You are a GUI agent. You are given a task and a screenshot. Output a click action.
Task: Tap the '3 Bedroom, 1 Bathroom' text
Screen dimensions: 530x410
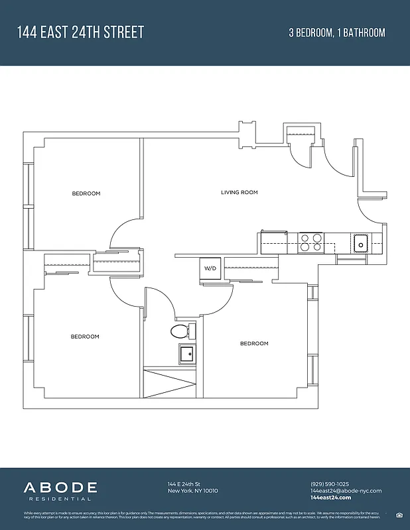pyautogui.click(x=337, y=32)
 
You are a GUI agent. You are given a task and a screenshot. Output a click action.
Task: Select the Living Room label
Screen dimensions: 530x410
pyautogui.click(x=239, y=193)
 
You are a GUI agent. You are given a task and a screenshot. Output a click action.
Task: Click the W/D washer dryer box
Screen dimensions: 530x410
pyautogui.click(x=210, y=268)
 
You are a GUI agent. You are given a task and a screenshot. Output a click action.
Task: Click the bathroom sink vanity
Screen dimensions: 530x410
pyautogui.click(x=187, y=354)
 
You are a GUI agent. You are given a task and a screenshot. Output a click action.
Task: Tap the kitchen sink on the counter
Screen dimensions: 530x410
pyautogui.click(x=361, y=243)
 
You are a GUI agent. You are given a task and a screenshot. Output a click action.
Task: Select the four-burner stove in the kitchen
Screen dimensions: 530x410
pyautogui.click(x=310, y=242)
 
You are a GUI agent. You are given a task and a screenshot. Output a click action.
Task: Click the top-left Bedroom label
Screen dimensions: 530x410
pyautogui.click(x=86, y=193)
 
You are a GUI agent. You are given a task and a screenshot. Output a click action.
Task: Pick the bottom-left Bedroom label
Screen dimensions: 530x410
pyautogui.click(x=85, y=337)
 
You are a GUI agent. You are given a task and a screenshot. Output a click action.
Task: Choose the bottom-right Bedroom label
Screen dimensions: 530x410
pyautogui.click(x=254, y=343)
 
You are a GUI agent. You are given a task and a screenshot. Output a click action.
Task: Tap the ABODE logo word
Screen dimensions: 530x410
pyautogui.click(x=61, y=488)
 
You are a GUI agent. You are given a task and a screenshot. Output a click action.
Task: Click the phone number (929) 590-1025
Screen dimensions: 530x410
pyautogui.click(x=329, y=484)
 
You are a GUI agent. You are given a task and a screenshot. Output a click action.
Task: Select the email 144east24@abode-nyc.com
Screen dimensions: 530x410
pyautogui.click(x=346, y=491)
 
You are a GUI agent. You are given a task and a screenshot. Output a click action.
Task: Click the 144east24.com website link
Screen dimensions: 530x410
pyautogui.click(x=330, y=498)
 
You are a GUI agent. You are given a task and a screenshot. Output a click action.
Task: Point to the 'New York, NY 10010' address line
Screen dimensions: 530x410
pyautogui.click(x=192, y=491)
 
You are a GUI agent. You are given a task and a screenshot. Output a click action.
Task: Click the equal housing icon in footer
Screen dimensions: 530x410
pyautogui.click(x=399, y=514)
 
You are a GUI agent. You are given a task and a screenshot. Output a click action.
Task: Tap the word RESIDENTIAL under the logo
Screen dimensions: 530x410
pyautogui.click(x=57, y=499)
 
